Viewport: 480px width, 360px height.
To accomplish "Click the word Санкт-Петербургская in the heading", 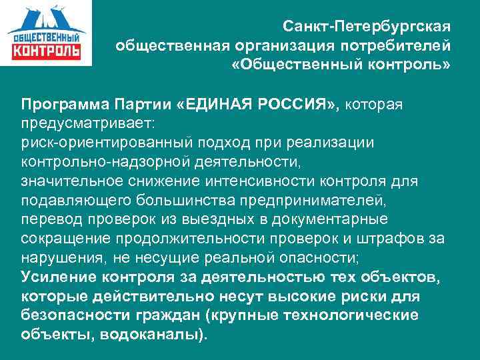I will point(367,27).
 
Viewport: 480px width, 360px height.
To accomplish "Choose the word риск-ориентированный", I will point(99,143).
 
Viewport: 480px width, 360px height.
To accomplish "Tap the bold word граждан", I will point(161,315).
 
